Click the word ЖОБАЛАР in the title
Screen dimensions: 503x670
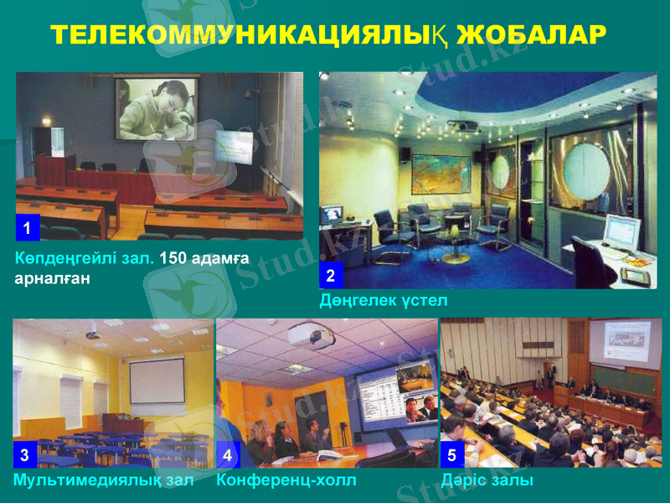pyautogui.click(x=531, y=34)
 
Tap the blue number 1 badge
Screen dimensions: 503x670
pyautogui.click(x=28, y=228)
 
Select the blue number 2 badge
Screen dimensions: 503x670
pyautogui.click(x=331, y=275)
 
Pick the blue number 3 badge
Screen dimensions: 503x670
pyautogui.click(x=25, y=456)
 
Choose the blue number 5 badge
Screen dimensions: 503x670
pyautogui.click(x=451, y=456)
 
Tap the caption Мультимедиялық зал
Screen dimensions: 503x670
pyautogui.click(x=103, y=480)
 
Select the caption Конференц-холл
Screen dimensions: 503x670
pyautogui.click(x=286, y=480)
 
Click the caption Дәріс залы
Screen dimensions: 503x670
pyautogui.click(x=487, y=480)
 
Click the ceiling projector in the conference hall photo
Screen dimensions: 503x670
pyautogui.click(x=312, y=336)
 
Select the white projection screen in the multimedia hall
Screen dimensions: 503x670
pyautogui.click(x=157, y=381)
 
